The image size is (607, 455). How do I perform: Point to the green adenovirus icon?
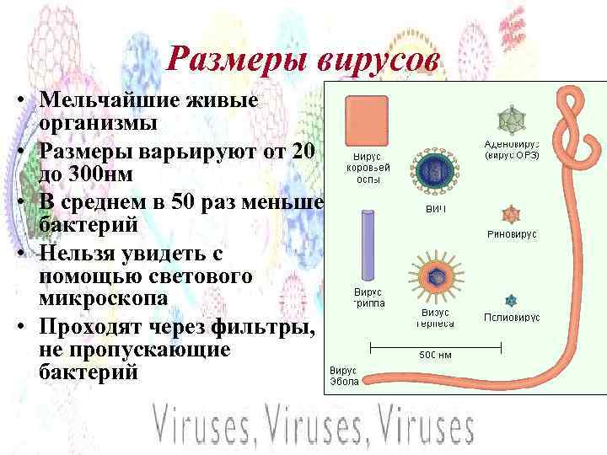tap(509, 120)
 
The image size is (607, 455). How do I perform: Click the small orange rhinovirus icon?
tap(510, 213)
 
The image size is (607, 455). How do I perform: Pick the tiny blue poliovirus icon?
tap(511, 300)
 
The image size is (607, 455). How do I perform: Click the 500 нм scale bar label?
tap(436, 355)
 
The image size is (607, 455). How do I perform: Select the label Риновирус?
tap(512, 234)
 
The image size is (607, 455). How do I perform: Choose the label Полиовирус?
tap(512, 317)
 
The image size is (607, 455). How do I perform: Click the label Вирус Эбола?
tap(343, 375)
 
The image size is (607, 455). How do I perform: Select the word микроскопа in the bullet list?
tap(104, 299)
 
